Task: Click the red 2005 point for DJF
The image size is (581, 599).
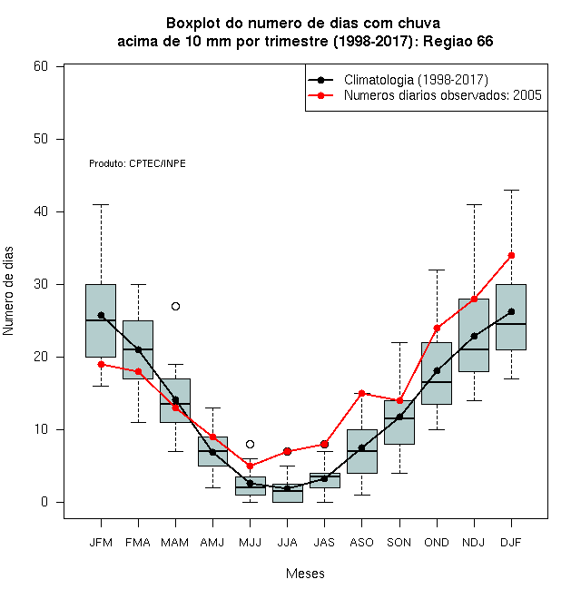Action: tap(511, 256)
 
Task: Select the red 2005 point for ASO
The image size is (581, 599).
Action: tap(361, 394)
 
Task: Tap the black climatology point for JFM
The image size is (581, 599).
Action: tap(102, 315)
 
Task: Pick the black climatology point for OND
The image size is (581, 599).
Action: tap(437, 370)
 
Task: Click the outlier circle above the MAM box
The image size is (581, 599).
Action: tap(175, 307)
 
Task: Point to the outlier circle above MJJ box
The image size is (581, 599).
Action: tap(250, 445)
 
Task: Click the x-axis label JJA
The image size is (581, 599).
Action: tap(287, 543)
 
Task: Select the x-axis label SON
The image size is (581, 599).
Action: tap(399, 543)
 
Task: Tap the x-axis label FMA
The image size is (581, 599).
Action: tap(138, 543)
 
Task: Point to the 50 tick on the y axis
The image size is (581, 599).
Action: tap(41, 139)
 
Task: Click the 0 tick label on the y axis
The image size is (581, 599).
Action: tap(44, 502)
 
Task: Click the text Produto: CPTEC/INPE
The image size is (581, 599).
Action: tap(137, 164)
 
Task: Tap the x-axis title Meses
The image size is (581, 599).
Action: tap(305, 574)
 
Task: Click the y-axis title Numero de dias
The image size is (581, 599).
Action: tap(8, 291)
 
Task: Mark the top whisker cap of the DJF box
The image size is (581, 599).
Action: tap(511, 190)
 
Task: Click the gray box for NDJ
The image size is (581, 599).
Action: tap(474, 336)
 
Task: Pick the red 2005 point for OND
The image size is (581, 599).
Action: tap(437, 329)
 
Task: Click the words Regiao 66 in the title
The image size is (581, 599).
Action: tap(458, 41)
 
